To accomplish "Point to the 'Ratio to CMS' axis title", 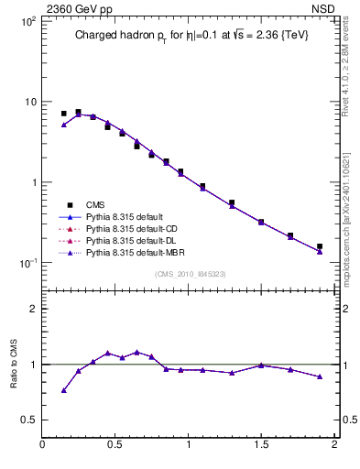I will tap(15, 364).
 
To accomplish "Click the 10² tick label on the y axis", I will tap(27, 20).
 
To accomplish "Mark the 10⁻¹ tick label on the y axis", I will tap(27, 263).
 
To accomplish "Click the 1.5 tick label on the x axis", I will tap(261, 445).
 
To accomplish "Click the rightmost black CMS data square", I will tap(320, 246).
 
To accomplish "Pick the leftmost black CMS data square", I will tap(63, 114).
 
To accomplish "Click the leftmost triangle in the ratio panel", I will tap(63, 390).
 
